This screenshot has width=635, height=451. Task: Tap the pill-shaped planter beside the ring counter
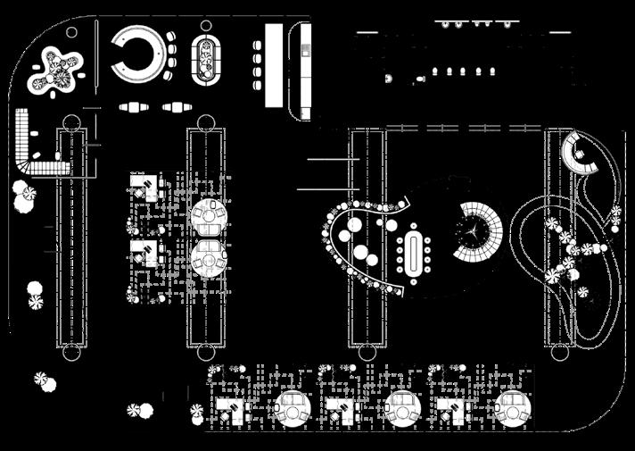pyautogui.click(x=207, y=60)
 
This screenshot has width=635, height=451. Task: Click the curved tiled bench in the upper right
pyautogui.click(x=581, y=156)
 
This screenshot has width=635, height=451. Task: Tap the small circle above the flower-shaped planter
pyautogui.click(x=71, y=32)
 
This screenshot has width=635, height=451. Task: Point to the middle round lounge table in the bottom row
pyautogui.click(x=402, y=408)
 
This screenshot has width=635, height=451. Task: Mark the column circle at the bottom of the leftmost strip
pyautogui.click(x=71, y=352)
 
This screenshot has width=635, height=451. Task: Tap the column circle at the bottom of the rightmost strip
pyautogui.click(x=560, y=352)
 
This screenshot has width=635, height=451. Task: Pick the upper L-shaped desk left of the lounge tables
pyautogui.click(x=143, y=187)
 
